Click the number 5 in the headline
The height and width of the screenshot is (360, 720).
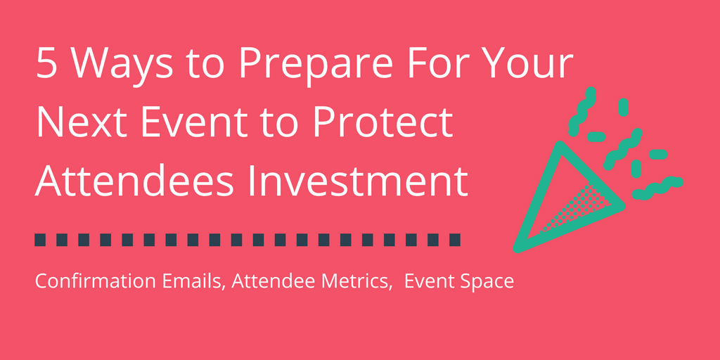(47, 65)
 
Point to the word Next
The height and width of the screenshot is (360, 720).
(77, 124)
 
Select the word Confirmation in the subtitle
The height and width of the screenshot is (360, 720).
(84, 282)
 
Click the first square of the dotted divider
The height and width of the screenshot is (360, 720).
(40, 240)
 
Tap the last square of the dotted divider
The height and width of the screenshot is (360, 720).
(454, 240)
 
